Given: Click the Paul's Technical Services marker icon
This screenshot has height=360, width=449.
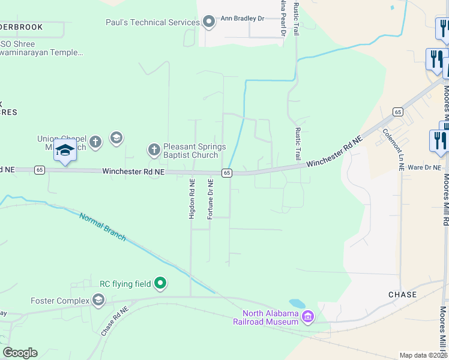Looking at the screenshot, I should point(209,22).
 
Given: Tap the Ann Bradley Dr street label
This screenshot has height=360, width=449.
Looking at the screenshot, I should point(243,19).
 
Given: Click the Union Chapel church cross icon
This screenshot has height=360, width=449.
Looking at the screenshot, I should point(95,142).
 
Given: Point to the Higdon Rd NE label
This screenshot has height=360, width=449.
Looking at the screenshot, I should point(192,198).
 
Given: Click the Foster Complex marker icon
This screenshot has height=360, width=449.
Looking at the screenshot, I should point(98,300).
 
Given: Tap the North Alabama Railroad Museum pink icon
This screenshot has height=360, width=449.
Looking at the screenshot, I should point(308,316).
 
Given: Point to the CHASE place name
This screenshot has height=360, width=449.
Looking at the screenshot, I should point(402,295).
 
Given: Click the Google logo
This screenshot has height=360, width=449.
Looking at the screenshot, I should point(20,353).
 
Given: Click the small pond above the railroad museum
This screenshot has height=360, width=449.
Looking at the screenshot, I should point(297,304).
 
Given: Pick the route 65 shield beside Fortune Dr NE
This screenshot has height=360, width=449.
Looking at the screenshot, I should point(226,173).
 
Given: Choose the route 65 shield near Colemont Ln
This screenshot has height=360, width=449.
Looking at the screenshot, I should point(397,112).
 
